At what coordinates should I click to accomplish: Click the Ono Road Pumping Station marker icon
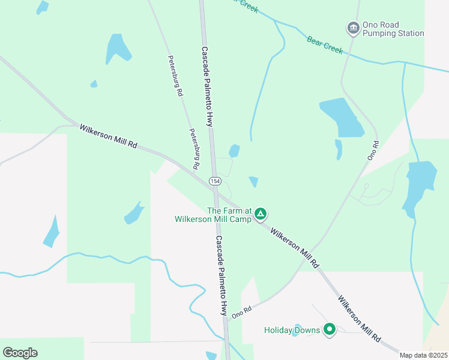(x=353, y=28)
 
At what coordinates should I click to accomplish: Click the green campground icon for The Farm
(x=261, y=214)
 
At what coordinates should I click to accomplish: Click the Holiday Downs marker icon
(x=329, y=329)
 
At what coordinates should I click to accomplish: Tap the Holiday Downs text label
(x=292, y=330)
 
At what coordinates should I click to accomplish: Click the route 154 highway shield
(x=214, y=181)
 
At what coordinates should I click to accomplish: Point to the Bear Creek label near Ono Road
(x=325, y=46)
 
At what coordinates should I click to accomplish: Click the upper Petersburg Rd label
(x=175, y=76)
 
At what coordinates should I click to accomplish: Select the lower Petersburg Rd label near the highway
(x=194, y=148)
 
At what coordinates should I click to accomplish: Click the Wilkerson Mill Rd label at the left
(x=109, y=137)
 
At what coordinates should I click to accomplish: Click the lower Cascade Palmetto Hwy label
(x=221, y=275)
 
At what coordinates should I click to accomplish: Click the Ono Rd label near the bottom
(x=241, y=313)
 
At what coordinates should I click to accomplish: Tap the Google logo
(x=20, y=353)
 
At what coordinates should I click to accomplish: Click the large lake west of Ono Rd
(x=342, y=118)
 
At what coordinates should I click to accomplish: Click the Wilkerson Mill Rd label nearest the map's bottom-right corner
(x=359, y=319)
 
